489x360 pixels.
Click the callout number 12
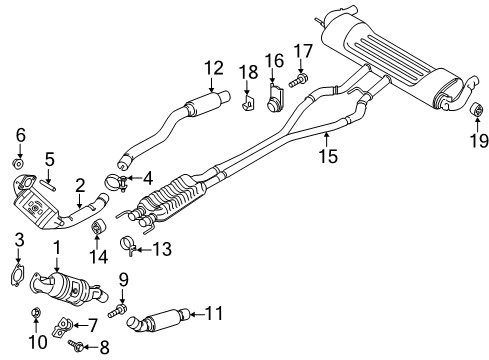point(213,68)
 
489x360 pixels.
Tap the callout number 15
point(328,156)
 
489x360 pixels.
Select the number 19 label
point(479,140)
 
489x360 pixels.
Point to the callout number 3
point(19,240)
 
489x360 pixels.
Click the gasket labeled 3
point(17,275)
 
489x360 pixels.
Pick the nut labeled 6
point(19,163)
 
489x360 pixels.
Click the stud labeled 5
point(48,185)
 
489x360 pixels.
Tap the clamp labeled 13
point(128,246)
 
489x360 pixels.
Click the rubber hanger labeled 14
point(98,227)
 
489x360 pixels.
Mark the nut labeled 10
point(35,313)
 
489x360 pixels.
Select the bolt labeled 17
point(298,81)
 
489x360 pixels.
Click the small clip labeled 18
point(248,102)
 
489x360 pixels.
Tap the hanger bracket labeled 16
point(276,98)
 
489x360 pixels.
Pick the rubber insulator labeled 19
point(477,109)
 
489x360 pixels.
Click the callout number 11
point(213,313)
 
